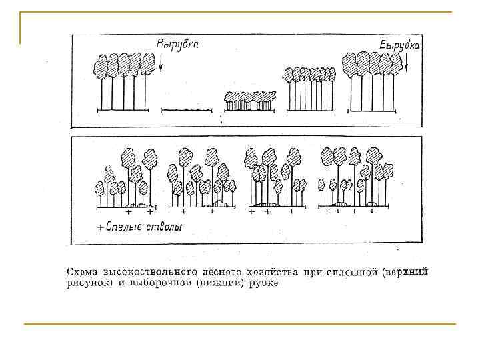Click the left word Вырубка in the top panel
coord(177,44)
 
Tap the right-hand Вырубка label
coord(400,45)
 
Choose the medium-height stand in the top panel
coord(310,89)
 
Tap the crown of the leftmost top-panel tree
coord(101,65)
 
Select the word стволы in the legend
coord(165,227)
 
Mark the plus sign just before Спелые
coord(101,228)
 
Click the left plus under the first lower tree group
coord(129,211)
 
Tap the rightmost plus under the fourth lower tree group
coord(372,211)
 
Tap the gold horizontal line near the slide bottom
coord(240,324)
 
